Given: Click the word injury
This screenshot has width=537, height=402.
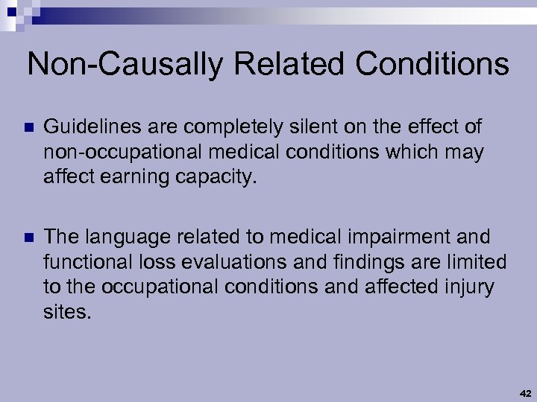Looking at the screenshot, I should point(470,287).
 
